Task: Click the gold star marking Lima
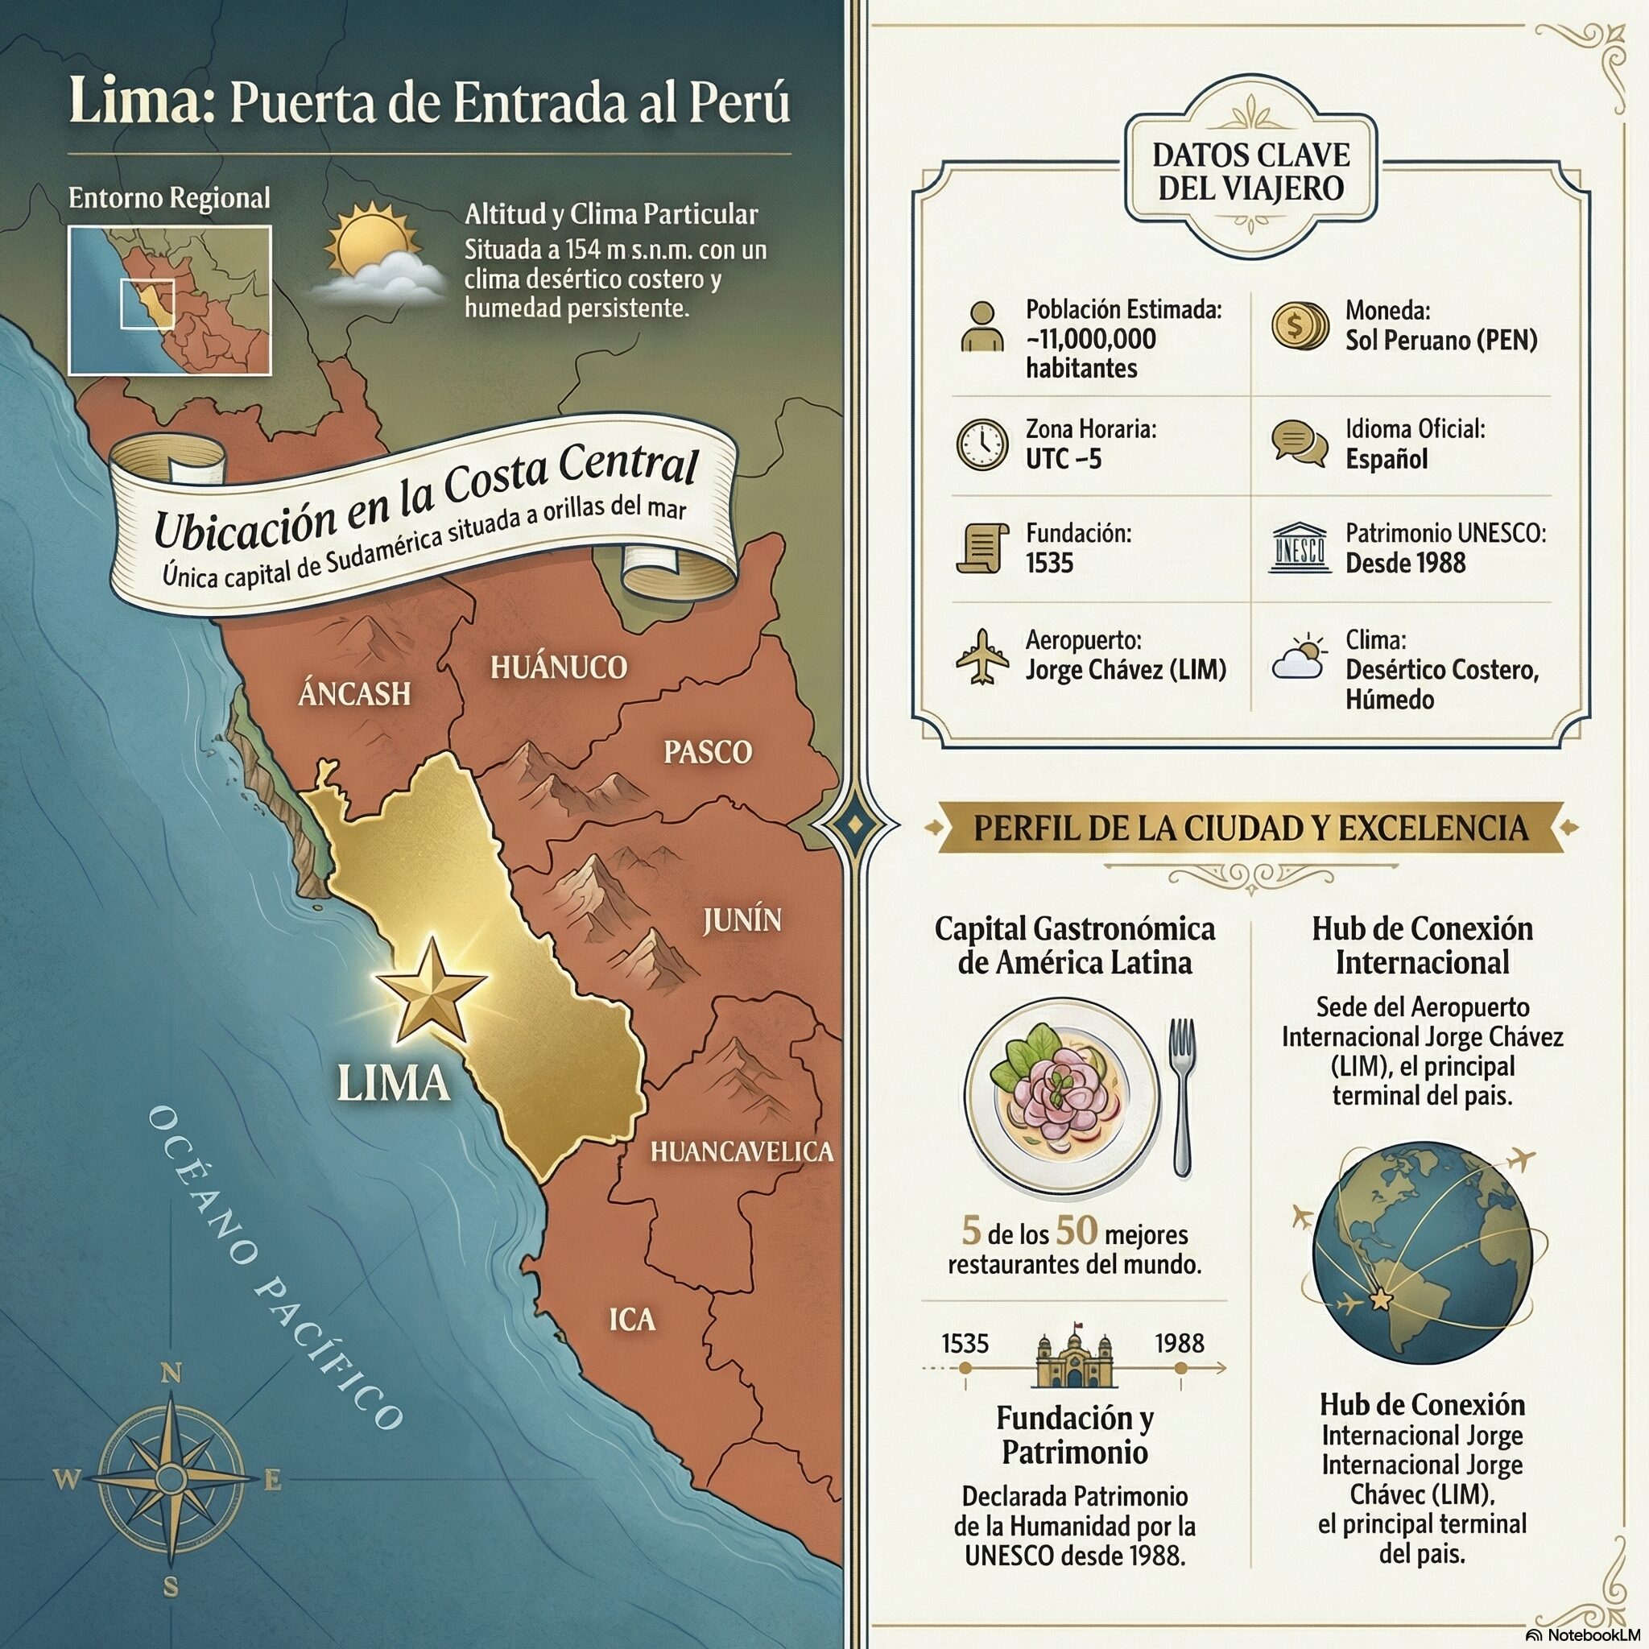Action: (430, 992)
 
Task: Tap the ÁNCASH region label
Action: (354, 694)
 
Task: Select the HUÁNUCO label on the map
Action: (558, 667)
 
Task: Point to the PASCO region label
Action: (708, 752)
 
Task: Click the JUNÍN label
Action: (742, 920)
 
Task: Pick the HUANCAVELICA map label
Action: (742, 1151)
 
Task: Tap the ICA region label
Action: (631, 1320)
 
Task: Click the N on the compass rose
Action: (172, 1373)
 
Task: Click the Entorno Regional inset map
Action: (170, 300)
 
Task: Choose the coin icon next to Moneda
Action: (1299, 326)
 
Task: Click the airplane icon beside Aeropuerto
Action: (982, 656)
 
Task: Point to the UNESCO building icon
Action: (1299, 549)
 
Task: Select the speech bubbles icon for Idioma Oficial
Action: (1299, 443)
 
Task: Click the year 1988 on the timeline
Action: (1180, 1344)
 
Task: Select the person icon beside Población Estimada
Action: (982, 327)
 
